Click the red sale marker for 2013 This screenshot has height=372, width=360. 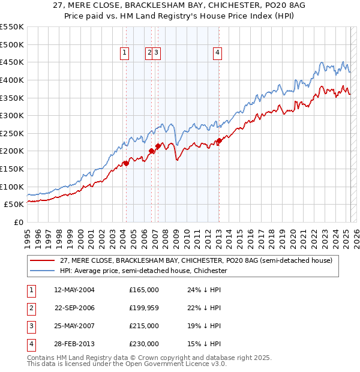coord(219,140)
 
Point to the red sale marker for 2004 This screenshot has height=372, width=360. coord(126,163)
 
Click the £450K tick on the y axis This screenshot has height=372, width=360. coord(13,62)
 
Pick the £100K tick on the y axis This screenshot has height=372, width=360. coord(13,187)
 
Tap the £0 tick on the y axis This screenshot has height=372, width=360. coord(18,222)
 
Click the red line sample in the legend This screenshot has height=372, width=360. coord(43,260)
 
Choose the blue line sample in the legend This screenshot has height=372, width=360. coord(43,271)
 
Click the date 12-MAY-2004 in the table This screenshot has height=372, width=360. coord(74,290)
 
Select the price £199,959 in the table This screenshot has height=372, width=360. coord(143,308)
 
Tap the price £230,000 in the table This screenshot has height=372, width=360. coord(143,344)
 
